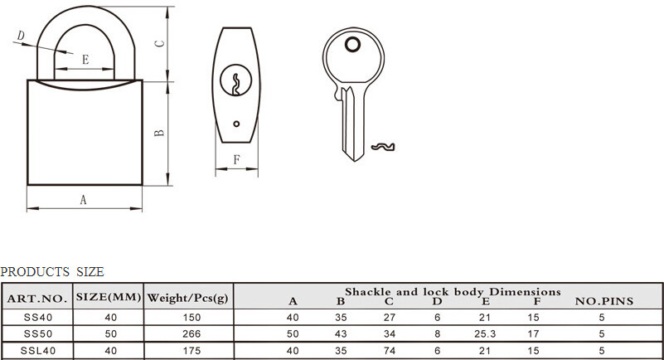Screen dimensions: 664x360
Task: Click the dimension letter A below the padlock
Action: tap(84, 199)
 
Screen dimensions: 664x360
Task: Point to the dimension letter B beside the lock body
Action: tap(159, 133)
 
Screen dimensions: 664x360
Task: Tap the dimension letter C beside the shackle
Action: tap(159, 44)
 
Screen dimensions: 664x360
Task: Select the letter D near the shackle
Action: tap(21, 36)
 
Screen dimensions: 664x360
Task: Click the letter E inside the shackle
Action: tap(85, 59)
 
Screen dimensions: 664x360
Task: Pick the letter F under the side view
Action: tap(237, 159)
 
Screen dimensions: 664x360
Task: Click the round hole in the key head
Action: tap(353, 44)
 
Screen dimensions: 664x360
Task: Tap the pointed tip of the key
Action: tap(354, 161)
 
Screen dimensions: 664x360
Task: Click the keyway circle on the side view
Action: tap(236, 80)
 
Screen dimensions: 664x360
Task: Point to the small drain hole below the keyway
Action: tap(236, 124)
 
